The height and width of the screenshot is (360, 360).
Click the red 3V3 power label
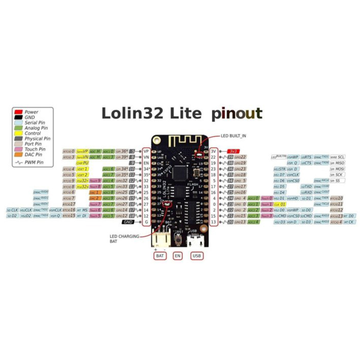[x=233, y=151]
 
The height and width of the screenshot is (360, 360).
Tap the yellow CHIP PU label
[x=82, y=163]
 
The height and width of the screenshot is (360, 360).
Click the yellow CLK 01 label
[x=280, y=204]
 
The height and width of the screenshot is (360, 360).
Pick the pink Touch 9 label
[x=94, y=180]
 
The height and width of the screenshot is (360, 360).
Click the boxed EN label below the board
[x=178, y=256]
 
